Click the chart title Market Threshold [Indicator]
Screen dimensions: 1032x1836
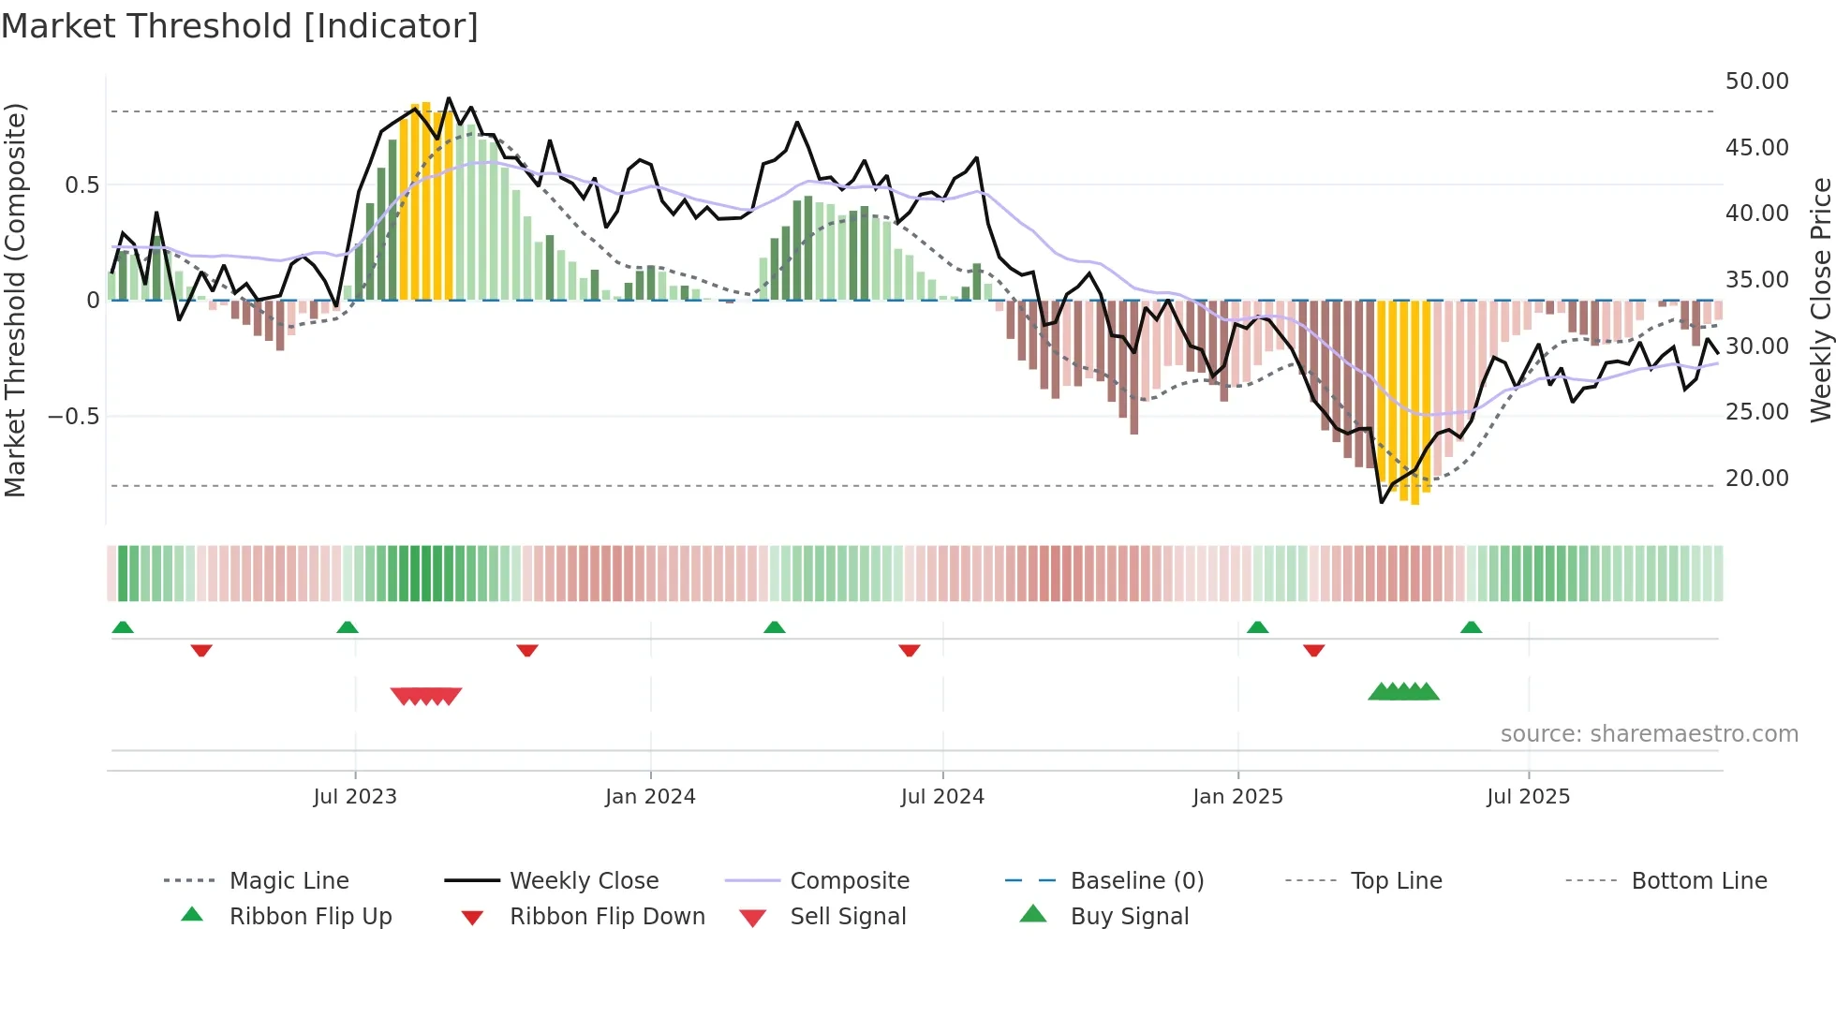[240, 26]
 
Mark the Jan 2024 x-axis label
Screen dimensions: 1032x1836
[650, 796]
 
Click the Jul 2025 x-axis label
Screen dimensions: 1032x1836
[1528, 796]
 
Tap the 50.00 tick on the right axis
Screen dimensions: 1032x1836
[1756, 81]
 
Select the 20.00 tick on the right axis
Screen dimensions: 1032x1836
[1756, 479]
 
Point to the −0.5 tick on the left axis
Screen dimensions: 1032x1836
[74, 416]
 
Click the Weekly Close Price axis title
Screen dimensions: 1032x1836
[1820, 300]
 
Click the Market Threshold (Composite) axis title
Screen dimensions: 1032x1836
[15, 300]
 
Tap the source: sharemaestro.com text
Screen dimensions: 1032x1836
[1649, 733]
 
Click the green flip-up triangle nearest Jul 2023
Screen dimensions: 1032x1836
[348, 627]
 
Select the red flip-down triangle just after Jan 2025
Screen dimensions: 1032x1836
[1313, 650]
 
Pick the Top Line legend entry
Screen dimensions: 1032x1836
[1396, 880]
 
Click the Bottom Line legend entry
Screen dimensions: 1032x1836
[1698, 880]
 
